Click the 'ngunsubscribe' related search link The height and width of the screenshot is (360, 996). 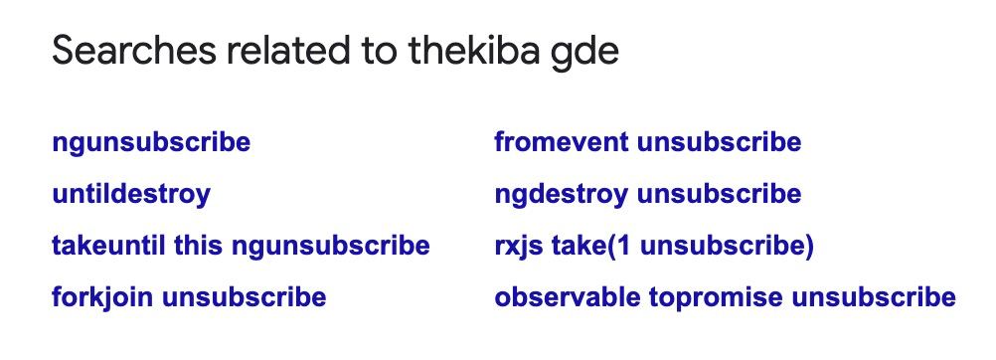point(151,142)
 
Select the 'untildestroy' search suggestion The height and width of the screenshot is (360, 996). point(131,194)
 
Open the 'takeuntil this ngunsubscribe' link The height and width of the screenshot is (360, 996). point(242,246)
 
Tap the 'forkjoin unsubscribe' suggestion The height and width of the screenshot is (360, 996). point(189,297)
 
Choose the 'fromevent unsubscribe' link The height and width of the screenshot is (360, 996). point(648,142)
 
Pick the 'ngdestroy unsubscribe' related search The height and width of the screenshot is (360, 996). point(648,194)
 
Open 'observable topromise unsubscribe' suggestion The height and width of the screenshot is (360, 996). point(726,297)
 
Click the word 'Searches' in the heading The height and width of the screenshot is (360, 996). point(134,51)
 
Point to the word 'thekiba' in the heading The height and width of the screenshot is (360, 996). point(476,51)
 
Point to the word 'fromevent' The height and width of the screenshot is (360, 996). point(562,142)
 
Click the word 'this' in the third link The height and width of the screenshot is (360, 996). point(195,246)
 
